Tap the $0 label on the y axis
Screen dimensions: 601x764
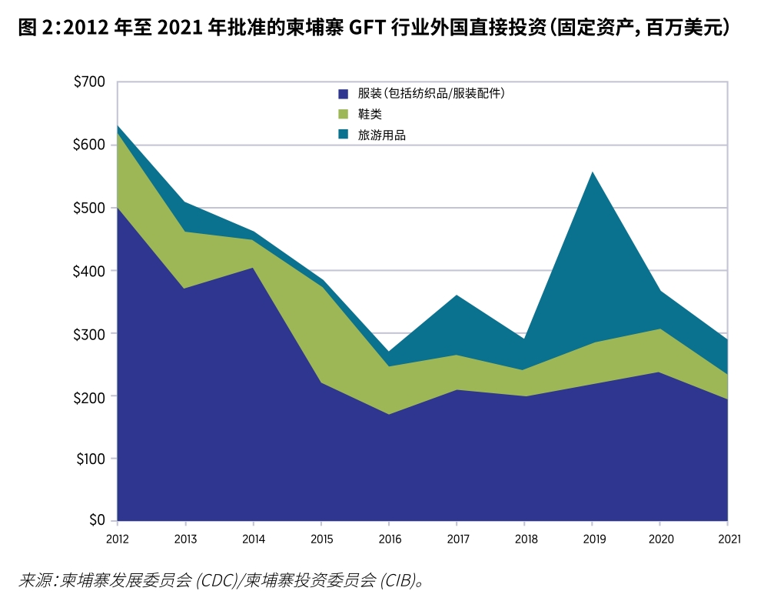pyautogui.click(x=95, y=521)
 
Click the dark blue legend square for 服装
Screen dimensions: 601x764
pyautogui.click(x=344, y=94)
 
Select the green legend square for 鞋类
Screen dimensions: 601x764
pyautogui.click(x=344, y=114)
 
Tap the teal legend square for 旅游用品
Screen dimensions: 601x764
pyautogui.click(x=344, y=135)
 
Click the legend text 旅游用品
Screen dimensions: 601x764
pyautogui.click(x=381, y=135)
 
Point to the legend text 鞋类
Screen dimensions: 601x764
pyautogui.click(x=370, y=114)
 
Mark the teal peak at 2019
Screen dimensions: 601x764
pyautogui.click(x=593, y=172)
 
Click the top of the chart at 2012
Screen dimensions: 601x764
pyautogui.click(x=118, y=125)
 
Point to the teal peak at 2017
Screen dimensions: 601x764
pyautogui.click(x=457, y=295)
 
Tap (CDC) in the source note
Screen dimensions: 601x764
pyautogui.click(x=220, y=579)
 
